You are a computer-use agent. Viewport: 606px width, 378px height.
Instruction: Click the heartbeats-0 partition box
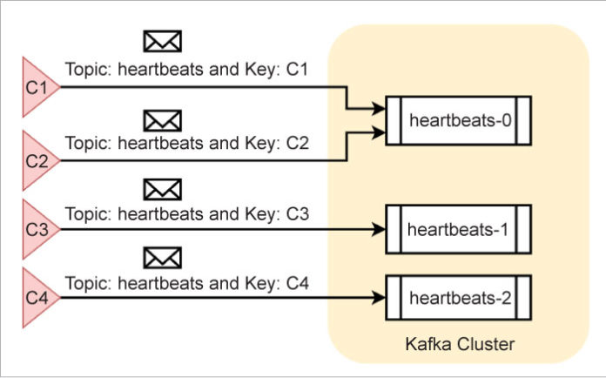point(458,120)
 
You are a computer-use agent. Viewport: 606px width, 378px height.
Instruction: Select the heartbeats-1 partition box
point(458,230)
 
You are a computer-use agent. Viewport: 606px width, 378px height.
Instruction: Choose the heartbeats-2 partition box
point(458,299)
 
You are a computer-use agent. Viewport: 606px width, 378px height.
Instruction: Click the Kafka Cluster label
point(460,344)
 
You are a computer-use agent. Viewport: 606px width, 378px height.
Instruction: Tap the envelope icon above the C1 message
point(162,40)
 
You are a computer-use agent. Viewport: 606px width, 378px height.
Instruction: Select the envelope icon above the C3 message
point(162,187)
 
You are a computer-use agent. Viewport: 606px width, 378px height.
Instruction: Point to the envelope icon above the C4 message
point(162,257)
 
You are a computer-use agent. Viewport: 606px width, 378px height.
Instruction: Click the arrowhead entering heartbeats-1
point(379,230)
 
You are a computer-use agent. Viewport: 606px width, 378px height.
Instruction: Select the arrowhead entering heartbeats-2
point(379,299)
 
